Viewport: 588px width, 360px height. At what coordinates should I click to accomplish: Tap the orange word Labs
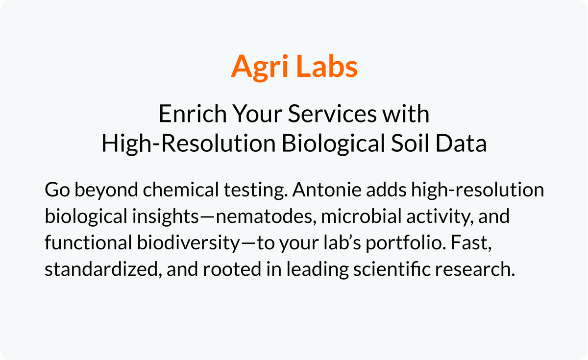click(328, 66)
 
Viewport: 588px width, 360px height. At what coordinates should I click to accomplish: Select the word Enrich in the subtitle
click(193, 114)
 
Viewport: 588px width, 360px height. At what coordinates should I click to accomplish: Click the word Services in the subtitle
click(332, 114)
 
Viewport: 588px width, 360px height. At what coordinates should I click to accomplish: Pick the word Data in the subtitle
click(461, 143)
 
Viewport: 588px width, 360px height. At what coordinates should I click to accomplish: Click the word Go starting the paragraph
click(57, 190)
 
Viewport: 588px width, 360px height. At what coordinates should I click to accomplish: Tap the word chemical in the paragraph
click(181, 189)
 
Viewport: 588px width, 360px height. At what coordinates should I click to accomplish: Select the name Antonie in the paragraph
click(327, 190)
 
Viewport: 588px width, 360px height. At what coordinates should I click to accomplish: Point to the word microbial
click(362, 216)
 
